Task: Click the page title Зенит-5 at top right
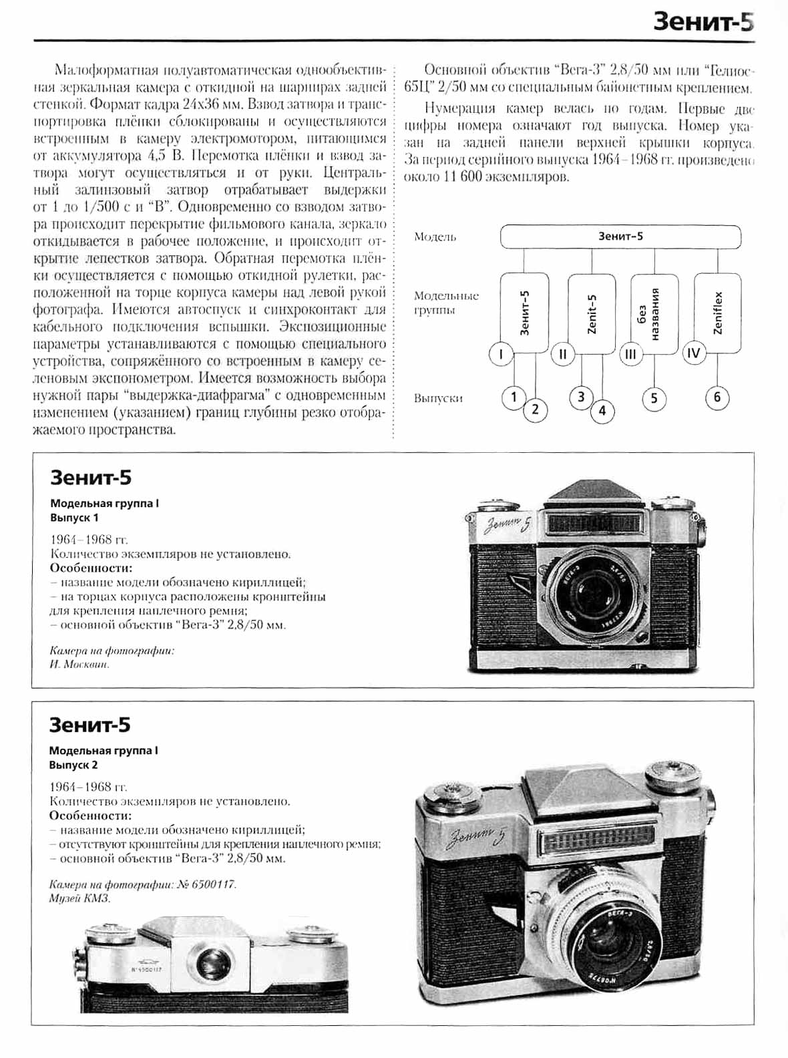[703, 22]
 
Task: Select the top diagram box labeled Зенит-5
[620, 236]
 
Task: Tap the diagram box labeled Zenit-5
[591, 313]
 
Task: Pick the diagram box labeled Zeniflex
[718, 313]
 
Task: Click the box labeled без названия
[654, 313]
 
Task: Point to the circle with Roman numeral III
[630, 354]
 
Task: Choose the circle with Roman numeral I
[501, 354]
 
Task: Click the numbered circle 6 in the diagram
[717, 398]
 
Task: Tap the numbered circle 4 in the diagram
[602, 411]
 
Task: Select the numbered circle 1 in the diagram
[514, 398]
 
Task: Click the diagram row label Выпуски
[438, 399]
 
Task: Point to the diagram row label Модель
[435, 237]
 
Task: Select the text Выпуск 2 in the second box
[73, 765]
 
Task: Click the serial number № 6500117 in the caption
[207, 884]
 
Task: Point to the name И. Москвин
[79, 665]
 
